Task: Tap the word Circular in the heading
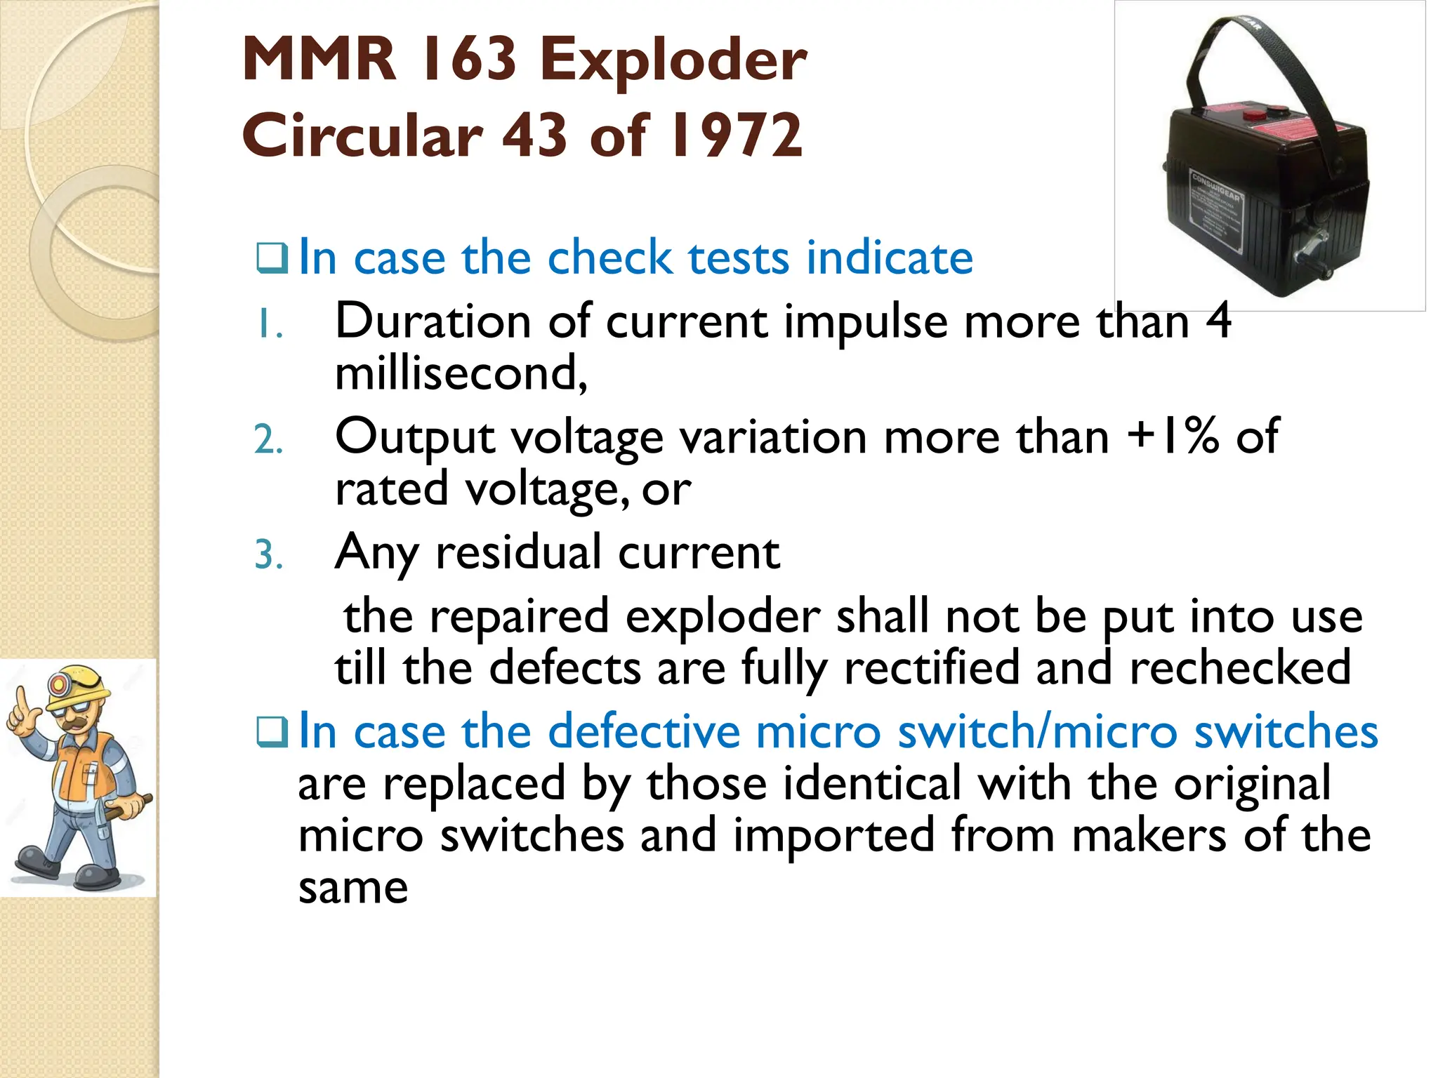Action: (362, 135)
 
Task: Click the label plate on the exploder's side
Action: (1215, 211)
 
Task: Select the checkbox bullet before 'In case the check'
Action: (271, 259)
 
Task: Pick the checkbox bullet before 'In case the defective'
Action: (271, 733)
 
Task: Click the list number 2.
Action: (268, 441)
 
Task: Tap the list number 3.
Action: (268, 556)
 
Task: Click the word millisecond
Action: (460, 373)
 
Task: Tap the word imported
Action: (833, 835)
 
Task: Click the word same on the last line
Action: (352, 888)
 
